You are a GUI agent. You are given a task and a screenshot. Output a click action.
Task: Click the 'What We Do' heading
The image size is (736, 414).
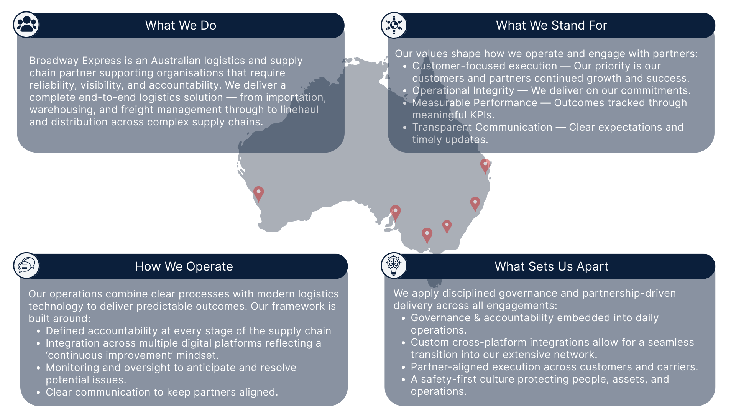181,25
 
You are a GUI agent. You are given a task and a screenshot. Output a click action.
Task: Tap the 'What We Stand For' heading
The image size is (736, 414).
551,25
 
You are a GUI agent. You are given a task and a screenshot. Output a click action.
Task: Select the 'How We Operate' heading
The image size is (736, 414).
184,266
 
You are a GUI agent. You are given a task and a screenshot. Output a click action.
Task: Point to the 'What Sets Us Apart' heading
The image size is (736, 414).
551,266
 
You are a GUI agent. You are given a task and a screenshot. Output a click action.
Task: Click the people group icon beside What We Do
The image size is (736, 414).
26,25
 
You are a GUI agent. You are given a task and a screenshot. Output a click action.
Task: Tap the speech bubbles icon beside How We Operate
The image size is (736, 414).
26,265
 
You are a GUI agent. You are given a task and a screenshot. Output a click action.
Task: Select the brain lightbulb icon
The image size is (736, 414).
394,265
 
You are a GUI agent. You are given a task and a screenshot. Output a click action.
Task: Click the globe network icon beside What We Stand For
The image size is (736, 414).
394,25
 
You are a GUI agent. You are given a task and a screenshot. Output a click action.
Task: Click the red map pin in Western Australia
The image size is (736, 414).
259,193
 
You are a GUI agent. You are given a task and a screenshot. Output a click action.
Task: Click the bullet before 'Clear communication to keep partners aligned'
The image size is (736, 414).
38,393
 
